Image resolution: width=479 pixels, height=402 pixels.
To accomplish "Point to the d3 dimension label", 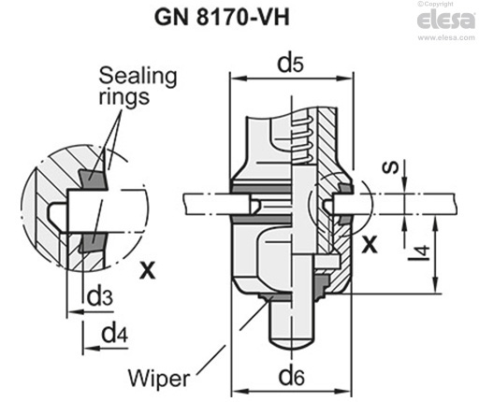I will coord(100,296).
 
